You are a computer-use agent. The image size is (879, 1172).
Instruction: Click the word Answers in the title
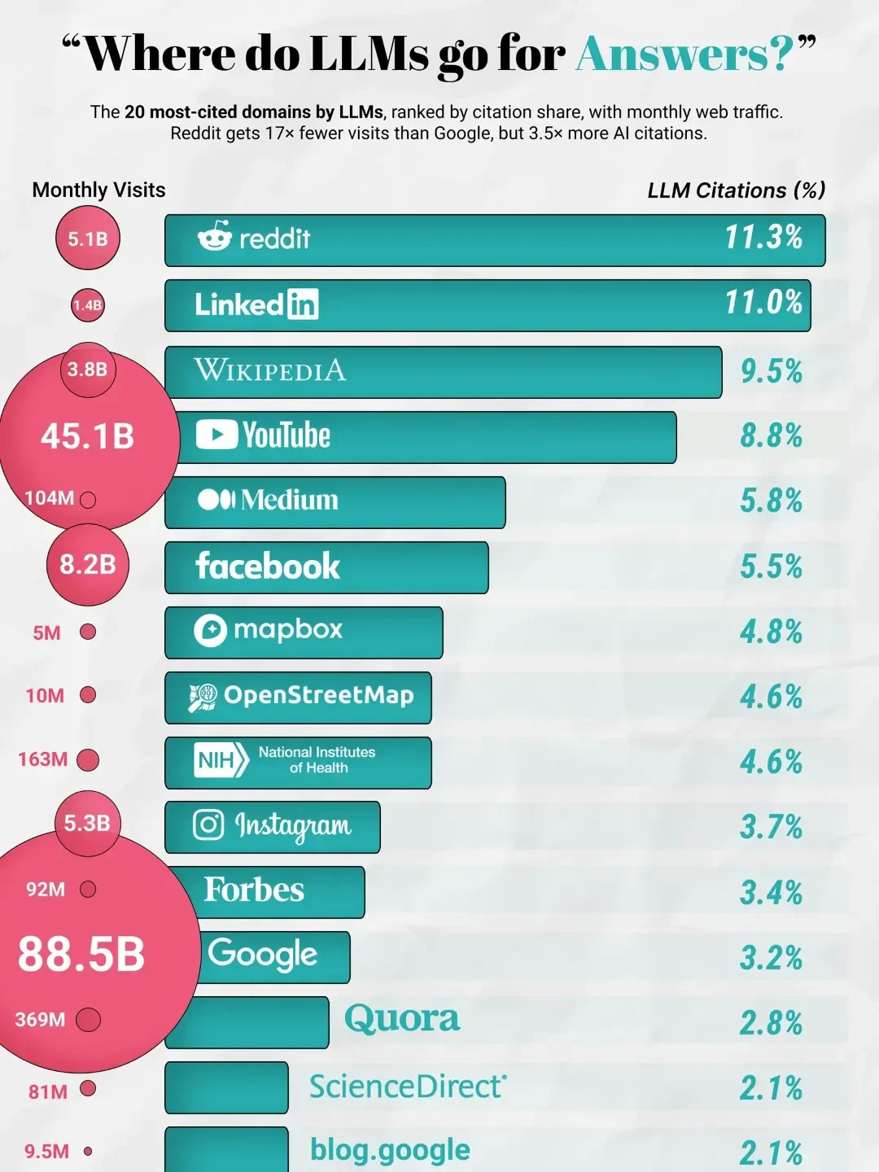pyautogui.click(x=684, y=55)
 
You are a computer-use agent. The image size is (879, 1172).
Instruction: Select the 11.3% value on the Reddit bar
pyautogui.click(x=763, y=238)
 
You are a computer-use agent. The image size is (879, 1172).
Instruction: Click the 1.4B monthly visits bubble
pyautogui.click(x=87, y=305)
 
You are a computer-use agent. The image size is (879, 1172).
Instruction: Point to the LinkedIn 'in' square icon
pyautogui.click(x=303, y=305)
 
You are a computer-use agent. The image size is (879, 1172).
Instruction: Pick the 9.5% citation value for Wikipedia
pyautogui.click(x=771, y=371)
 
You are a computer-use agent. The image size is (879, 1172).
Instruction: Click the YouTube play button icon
pyautogui.click(x=216, y=435)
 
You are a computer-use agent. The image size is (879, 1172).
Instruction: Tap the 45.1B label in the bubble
pyautogui.click(x=87, y=437)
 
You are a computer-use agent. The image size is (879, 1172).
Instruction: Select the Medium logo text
pyautogui.click(x=289, y=500)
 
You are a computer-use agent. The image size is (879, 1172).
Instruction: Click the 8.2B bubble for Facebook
pyautogui.click(x=88, y=564)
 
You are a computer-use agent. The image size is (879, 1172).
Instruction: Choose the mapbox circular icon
pyautogui.click(x=210, y=630)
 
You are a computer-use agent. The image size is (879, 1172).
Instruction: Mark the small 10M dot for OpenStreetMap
pyautogui.click(x=88, y=695)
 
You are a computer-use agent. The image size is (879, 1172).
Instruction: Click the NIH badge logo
pyautogui.click(x=221, y=760)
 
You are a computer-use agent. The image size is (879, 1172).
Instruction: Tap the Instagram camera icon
pyautogui.click(x=208, y=824)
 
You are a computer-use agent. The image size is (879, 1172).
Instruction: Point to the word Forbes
pyautogui.click(x=254, y=890)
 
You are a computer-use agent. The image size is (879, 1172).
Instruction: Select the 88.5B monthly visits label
pyautogui.click(x=81, y=954)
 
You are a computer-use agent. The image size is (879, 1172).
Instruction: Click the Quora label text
pyautogui.click(x=402, y=1018)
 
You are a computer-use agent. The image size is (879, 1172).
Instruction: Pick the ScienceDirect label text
pyautogui.click(x=408, y=1087)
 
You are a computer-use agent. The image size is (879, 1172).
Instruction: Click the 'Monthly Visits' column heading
pyautogui.click(x=98, y=190)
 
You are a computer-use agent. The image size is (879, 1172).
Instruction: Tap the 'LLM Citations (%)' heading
pyautogui.click(x=736, y=190)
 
